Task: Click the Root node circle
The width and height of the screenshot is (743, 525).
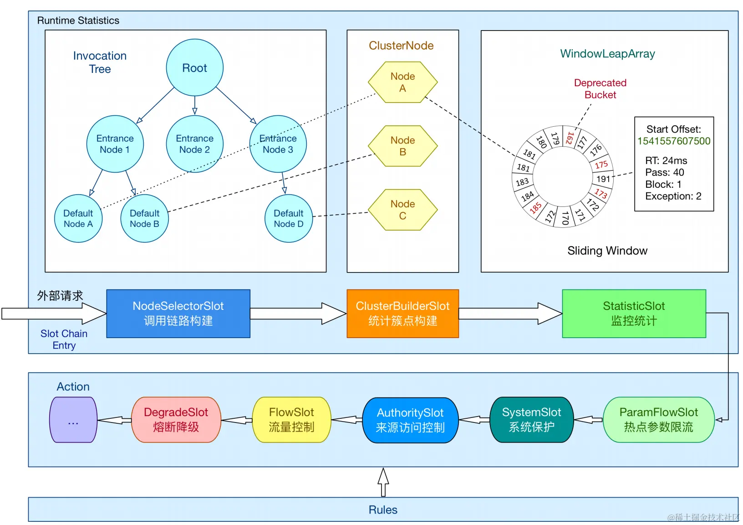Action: [x=194, y=67]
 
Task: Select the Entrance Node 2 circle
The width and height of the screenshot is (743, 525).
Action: [x=194, y=144]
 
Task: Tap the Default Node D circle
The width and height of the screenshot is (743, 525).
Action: [x=288, y=218]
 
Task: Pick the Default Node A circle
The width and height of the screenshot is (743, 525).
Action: [x=78, y=218]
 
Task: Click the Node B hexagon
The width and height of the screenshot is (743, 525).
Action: [x=402, y=146]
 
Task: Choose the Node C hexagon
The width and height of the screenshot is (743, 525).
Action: [x=402, y=210]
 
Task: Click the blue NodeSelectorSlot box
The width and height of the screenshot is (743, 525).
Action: [x=178, y=314]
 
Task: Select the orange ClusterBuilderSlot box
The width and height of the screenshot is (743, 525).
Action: [x=402, y=314]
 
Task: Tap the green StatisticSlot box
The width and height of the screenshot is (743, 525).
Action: [x=634, y=314]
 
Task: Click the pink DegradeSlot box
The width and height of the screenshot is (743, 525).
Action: [x=176, y=420]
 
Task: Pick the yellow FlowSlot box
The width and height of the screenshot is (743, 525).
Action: [x=291, y=420]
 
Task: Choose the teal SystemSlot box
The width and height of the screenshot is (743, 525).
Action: [x=531, y=420]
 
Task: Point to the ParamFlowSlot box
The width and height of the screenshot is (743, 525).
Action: [x=658, y=420]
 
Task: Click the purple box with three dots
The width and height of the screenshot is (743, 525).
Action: [x=73, y=420]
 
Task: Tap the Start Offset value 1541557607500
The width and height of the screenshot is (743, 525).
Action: [x=674, y=141]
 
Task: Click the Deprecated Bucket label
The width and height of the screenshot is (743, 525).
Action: [x=600, y=89]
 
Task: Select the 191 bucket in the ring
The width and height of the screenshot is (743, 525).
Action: [x=603, y=179]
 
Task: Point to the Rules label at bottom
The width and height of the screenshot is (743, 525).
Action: [x=383, y=510]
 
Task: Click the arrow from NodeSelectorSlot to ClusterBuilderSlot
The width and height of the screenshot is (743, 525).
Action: [x=298, y=314]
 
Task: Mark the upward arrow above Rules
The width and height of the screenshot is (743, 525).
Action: [x=383, y=482]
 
